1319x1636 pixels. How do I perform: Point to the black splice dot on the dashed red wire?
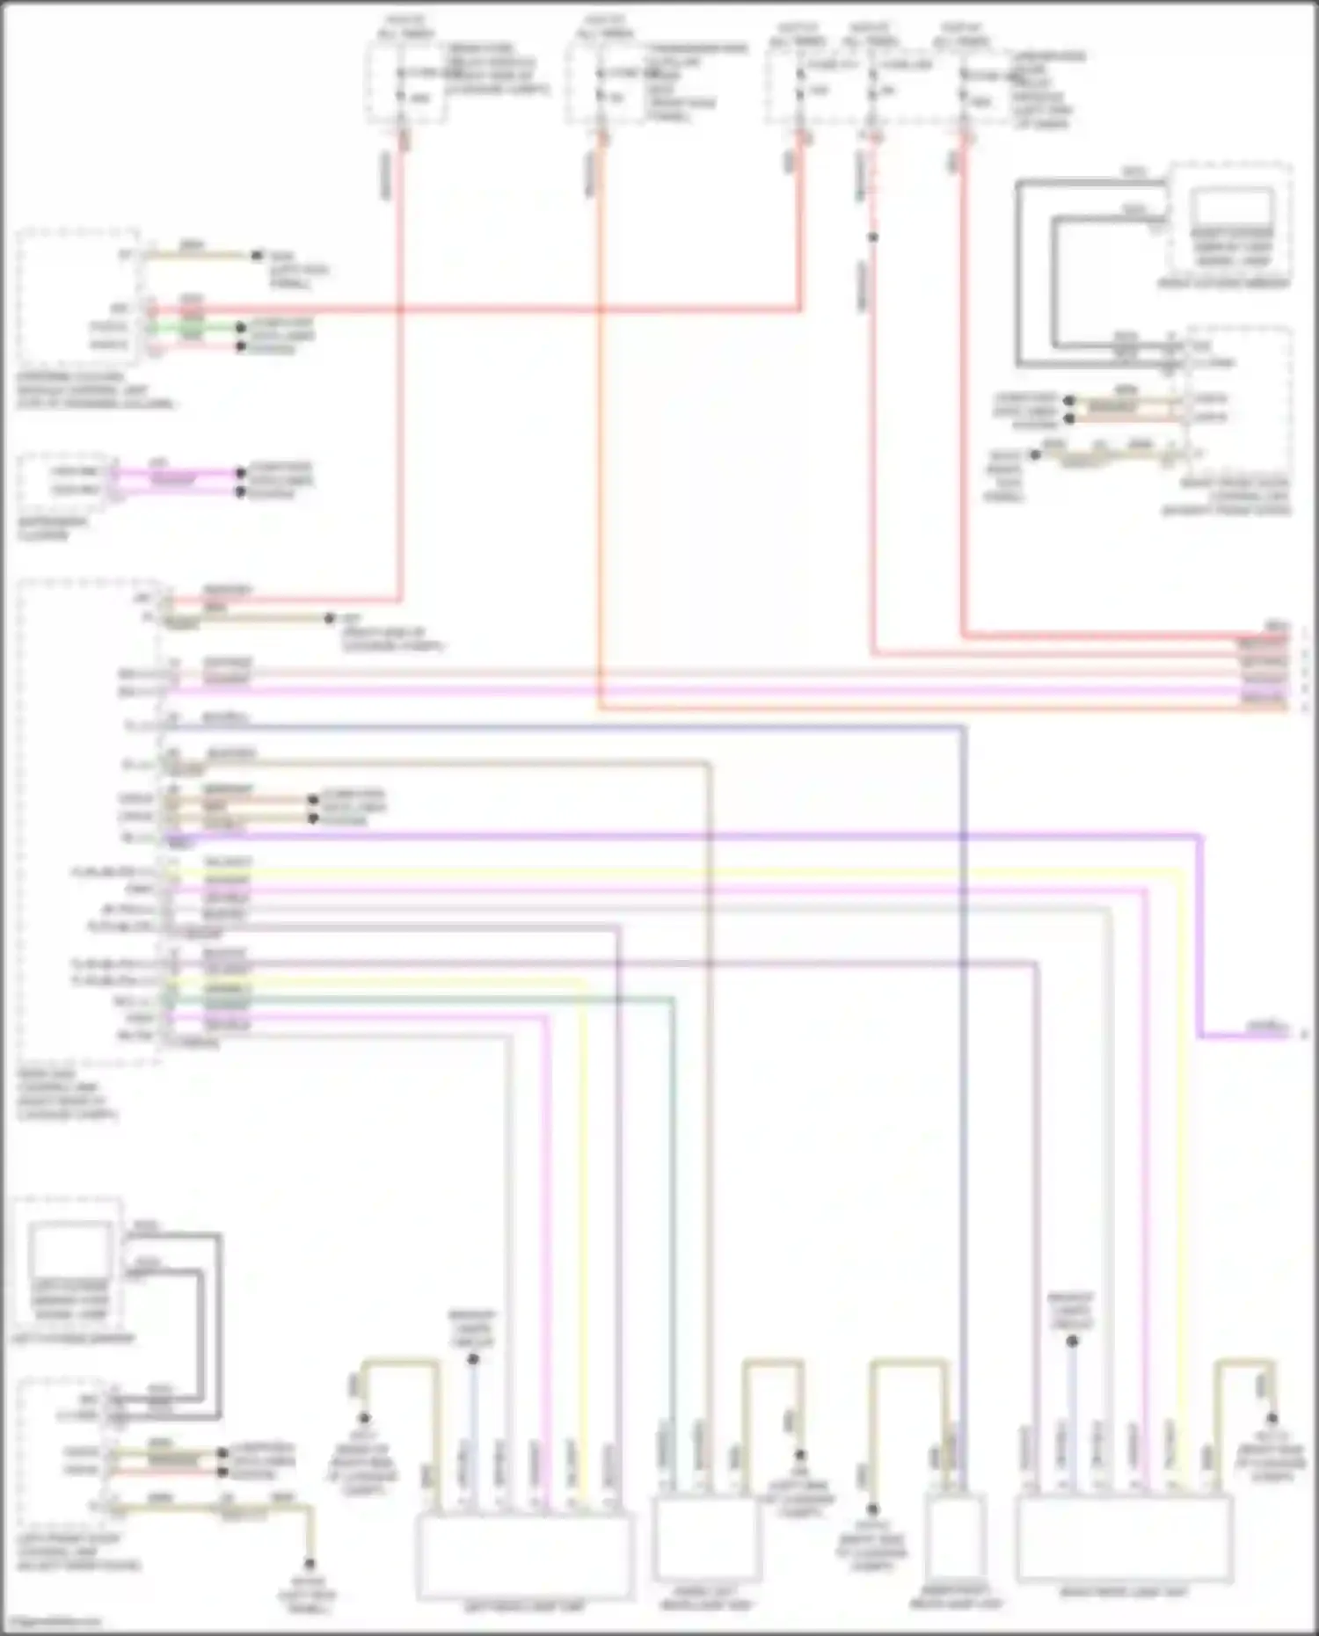(x=872, y=237)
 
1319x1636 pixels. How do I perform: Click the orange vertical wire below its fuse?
(x=601, y=440)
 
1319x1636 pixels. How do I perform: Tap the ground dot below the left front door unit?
(x=310, y=1565)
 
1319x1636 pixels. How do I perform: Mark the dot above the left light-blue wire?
(x=473, y=1359)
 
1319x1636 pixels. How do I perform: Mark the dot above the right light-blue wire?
(x=1072, y=1342)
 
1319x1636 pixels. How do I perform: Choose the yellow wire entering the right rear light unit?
(x=1180, y=1231)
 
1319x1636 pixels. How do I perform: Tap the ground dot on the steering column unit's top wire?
(x=257, y=256)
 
